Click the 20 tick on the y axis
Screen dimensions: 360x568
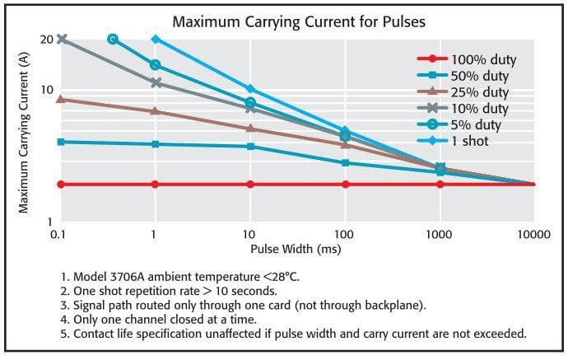[46, 40]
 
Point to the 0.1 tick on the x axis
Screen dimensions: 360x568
[58, 235]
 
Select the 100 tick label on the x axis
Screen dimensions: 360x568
[344, 235]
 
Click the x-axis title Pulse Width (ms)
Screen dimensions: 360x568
[296, 247]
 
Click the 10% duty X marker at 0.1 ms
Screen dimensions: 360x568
[60, 39]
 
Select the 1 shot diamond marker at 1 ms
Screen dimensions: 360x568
[155, 39]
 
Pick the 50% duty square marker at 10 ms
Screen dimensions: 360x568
[250, 147]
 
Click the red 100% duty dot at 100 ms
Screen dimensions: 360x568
[345, 185]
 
